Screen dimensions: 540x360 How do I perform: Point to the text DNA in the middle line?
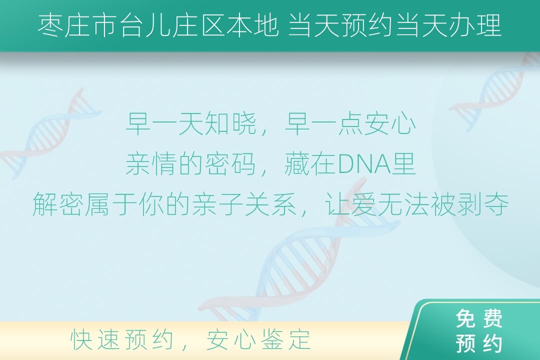coord(364,164)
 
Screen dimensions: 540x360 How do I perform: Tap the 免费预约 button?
coord(478,330)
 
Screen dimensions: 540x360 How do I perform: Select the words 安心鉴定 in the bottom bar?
coord(258,339)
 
